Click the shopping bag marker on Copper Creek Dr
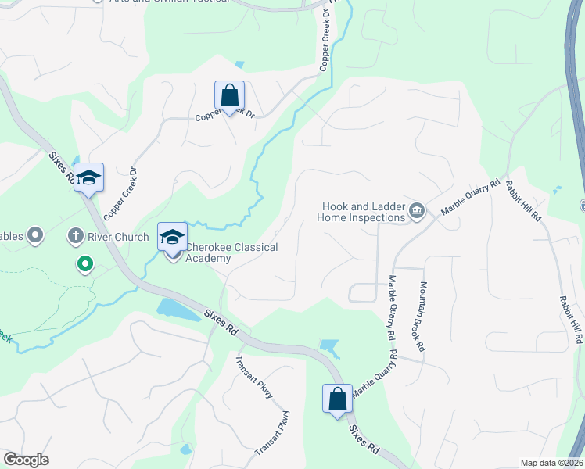pyautogui.click(x=229, y=97)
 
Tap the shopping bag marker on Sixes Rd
pyautogui.click(x=337, y=400)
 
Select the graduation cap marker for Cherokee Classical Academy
pyautogui.click(x=172, y=237)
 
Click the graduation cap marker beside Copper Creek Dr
pyautogui.click(x=89, y=179)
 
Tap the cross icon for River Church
pyautogui.click(x=76, y=234)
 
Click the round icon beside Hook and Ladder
pyautogui.click(x=416, y=209)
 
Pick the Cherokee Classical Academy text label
pyautogui.click(x=231, y=252)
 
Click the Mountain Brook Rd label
pyautogui.click(x=422, y=316)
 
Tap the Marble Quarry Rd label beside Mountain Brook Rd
pyautogui.click(x=391, y=307)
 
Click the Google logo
pyautogui.click(x=26, y=459)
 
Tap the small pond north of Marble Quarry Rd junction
pyautogui.click(x=329, y=346)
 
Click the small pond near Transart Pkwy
pyautogui.click(x=185, y=449)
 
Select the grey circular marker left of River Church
pyautogui.click(x=34, y=234)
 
